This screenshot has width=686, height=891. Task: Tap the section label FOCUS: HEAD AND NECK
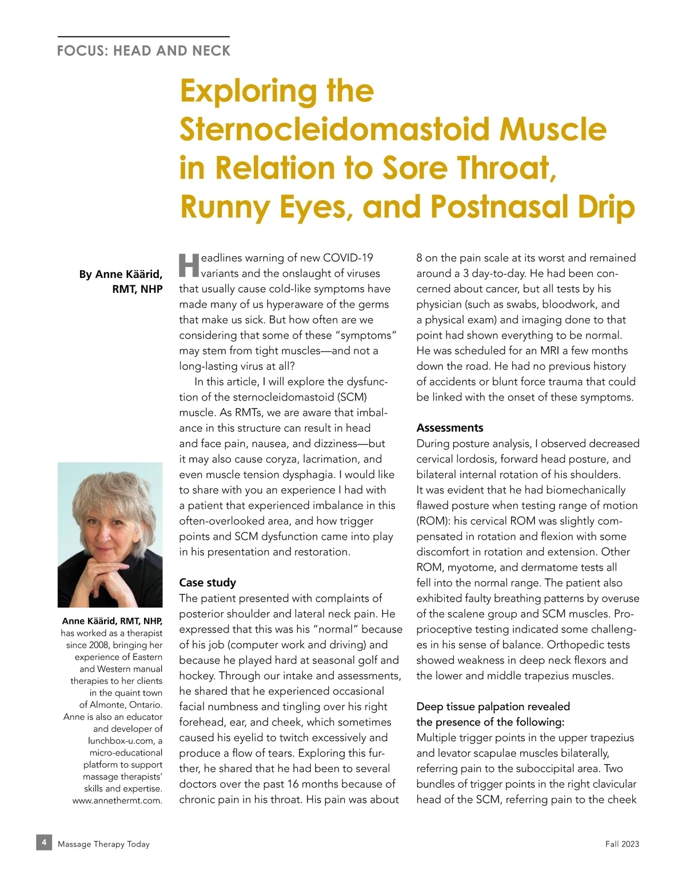[143, 51]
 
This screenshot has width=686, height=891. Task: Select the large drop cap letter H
[189, 265]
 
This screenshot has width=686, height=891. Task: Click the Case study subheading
[208, 583]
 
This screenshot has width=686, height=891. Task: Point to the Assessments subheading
[449, 428]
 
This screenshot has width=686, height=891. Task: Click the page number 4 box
[44, 842]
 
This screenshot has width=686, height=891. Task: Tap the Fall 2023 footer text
[622, 844]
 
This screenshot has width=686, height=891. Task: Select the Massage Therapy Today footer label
[103, 844]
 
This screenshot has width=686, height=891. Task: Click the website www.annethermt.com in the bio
[117, 801]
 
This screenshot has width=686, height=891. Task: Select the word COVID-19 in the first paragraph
[348, 258]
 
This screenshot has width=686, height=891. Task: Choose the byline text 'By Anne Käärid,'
[121, 275]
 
